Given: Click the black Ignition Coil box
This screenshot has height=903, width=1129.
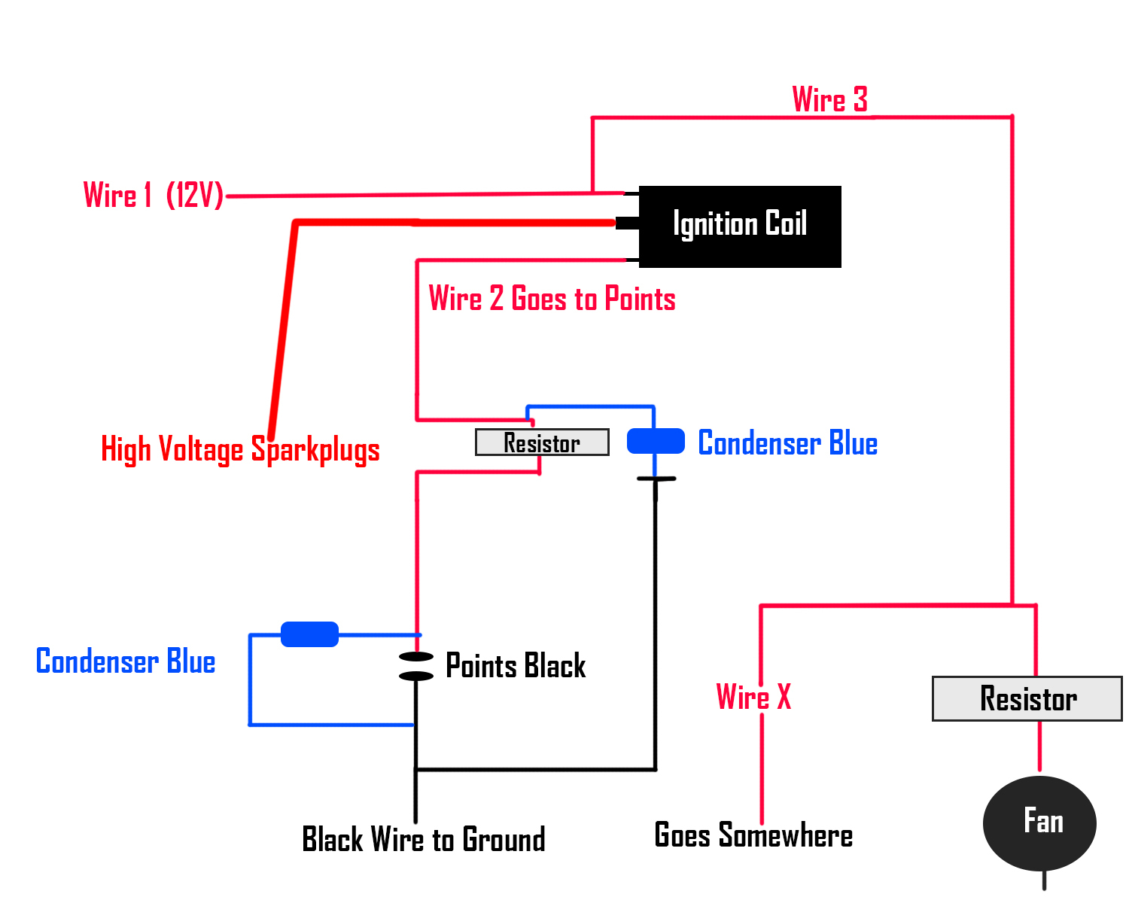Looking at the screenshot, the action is pos(740,227).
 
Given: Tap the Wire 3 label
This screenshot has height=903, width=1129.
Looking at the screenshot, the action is pos(830,99).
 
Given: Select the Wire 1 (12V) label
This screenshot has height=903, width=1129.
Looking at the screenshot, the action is pos(154,195).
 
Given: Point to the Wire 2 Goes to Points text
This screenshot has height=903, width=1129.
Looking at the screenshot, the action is pos(552,298).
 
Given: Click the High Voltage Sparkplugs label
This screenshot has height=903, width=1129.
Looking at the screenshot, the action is pos(240,449).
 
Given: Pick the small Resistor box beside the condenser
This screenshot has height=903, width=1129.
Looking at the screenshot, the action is pos(542,442).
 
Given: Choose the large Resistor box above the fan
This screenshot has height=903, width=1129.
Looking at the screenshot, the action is pos(1027,699).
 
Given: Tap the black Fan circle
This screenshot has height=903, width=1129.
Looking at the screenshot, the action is pos(1039,822).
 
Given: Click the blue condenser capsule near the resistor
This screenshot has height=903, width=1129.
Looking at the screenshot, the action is pos(656,441).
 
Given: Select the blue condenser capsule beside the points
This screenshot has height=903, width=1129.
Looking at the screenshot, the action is pos(309,634).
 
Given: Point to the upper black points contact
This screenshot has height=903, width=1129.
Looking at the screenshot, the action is pos(416,656).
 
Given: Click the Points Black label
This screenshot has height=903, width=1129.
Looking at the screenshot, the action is pos(515,665).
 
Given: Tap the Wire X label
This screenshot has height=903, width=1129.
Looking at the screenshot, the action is pos(753,697).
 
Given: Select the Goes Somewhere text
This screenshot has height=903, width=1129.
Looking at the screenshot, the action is pos(753,835).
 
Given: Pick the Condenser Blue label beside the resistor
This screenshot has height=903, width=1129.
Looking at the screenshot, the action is pos(787,442).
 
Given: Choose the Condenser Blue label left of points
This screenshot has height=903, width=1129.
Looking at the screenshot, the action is pos(126,661).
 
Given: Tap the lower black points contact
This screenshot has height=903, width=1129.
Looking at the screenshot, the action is pos(416,676).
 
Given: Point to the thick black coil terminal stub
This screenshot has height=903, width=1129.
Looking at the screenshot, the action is pos(627,223).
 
